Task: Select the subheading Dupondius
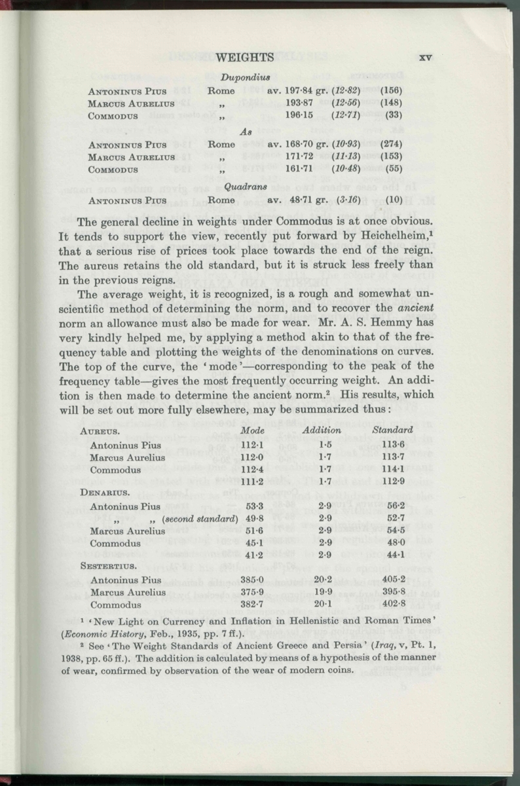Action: tap(246, 77)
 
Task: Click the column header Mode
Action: tap(252, 431)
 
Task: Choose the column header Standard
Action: tap(392, 431)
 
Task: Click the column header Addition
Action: tap(322, 431)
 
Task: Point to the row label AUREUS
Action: tap(100, 431)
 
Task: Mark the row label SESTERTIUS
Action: tap(108, 566)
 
